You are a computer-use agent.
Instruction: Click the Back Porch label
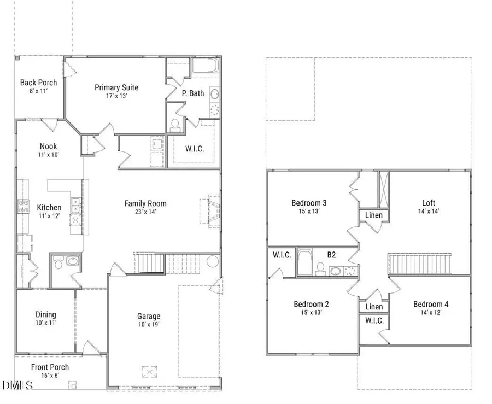[x=38, y=83]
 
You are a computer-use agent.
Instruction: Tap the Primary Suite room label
[x=116, y=87]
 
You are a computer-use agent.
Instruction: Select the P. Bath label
[x=193, y=93]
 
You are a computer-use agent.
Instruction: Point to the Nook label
[x=48, y=147]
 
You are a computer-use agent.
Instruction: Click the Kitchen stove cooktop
[x=25, y=206]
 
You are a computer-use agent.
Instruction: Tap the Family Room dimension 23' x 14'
[x=145, y=213]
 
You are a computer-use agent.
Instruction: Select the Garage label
[x=149, y=316]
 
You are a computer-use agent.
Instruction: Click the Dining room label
[x=46, y=314]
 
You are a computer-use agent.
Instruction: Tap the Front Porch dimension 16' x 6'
[x=50, y=376]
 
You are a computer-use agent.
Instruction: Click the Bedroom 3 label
[x=309, y=203]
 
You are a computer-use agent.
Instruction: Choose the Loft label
[x=429, y=203]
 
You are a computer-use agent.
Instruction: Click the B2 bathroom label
[x=331, y=254]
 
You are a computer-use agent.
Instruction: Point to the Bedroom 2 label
[x=311, y=304]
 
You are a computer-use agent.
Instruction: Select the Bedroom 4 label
[x=431, y=304]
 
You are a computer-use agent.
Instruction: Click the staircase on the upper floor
[x=419, y=265]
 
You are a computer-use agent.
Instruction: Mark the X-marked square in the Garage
[x=149, y=372]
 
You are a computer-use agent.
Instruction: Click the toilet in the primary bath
[x=175, y=126]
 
